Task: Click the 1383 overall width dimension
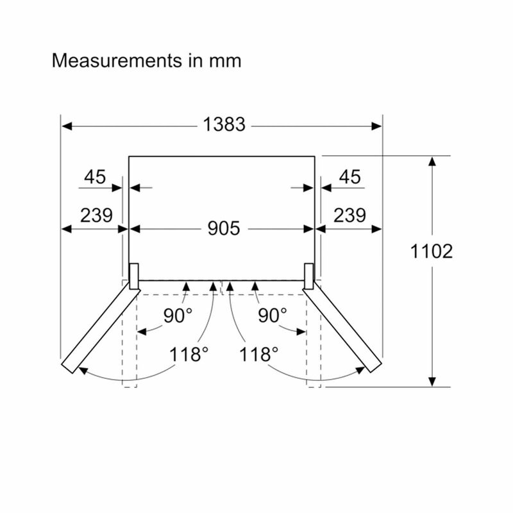[224, 124]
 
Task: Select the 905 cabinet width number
[224, 228]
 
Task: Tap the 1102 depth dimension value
[432, 251]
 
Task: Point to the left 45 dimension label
[95, 177]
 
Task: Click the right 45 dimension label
[349, 177]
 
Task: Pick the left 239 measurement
[97, 215]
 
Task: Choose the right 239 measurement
[349, 215]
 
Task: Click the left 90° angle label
[178, 315]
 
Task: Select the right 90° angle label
[272, 315]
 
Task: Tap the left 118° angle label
[189, 355]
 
